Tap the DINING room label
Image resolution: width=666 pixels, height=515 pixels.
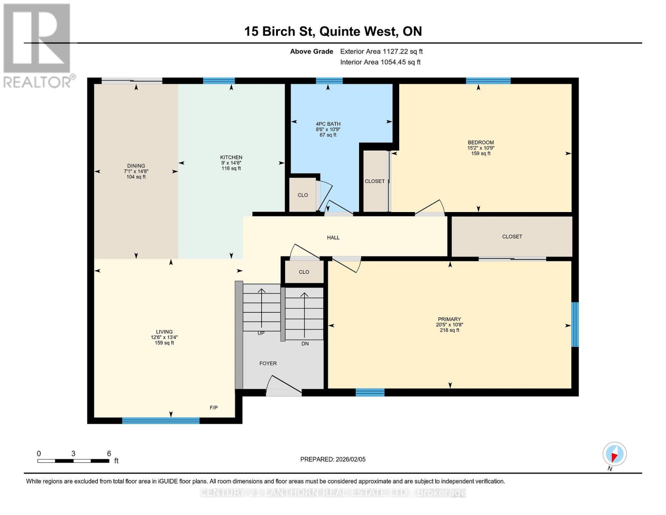136,166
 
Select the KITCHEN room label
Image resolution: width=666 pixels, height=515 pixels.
231,158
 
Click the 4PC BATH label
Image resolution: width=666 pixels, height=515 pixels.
328,124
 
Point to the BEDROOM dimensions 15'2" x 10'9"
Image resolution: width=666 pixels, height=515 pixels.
481,148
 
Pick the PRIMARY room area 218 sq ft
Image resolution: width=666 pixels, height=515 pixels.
449,330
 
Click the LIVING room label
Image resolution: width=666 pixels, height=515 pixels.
164,332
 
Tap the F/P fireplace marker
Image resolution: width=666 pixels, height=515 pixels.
214,408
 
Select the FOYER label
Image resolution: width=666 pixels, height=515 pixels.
268,364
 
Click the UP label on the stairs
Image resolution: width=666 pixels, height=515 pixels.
261,333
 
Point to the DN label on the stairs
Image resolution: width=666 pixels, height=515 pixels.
305,344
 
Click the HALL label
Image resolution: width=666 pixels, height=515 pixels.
333,237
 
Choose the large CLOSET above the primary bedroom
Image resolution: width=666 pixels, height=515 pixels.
512,236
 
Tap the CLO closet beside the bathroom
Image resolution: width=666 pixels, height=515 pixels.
303,195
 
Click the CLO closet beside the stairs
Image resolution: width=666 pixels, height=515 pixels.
304,272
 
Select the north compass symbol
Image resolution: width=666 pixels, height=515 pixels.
615,454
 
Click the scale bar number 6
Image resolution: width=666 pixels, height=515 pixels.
109,454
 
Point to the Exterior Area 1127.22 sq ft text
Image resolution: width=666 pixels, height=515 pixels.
381,51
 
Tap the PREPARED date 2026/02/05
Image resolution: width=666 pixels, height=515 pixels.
333,459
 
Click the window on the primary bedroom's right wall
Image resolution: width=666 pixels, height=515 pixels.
575,324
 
